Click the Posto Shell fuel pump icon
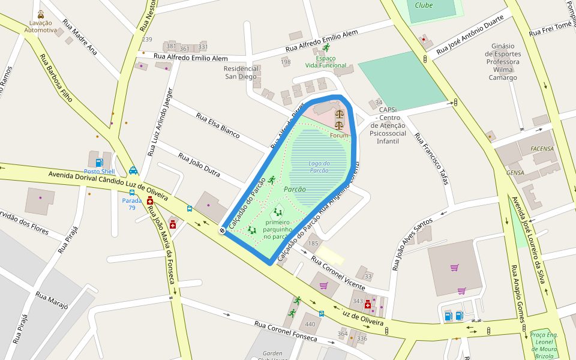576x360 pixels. [99, 162]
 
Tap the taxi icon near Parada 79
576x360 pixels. [133, 171]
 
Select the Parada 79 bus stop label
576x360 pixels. [131, 204]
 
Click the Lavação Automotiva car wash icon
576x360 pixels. [40, 14]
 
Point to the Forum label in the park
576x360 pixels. [339, 136]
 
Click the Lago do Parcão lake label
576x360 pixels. [319, 167]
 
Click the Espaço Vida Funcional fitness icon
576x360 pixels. [326, 47]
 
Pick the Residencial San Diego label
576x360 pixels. [241, 72]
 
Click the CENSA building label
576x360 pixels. [515, 173]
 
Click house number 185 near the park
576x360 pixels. [313, 244]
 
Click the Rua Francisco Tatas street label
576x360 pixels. [432, 159]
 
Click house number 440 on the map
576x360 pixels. [310, 325]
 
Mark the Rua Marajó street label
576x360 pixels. [52, 301]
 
